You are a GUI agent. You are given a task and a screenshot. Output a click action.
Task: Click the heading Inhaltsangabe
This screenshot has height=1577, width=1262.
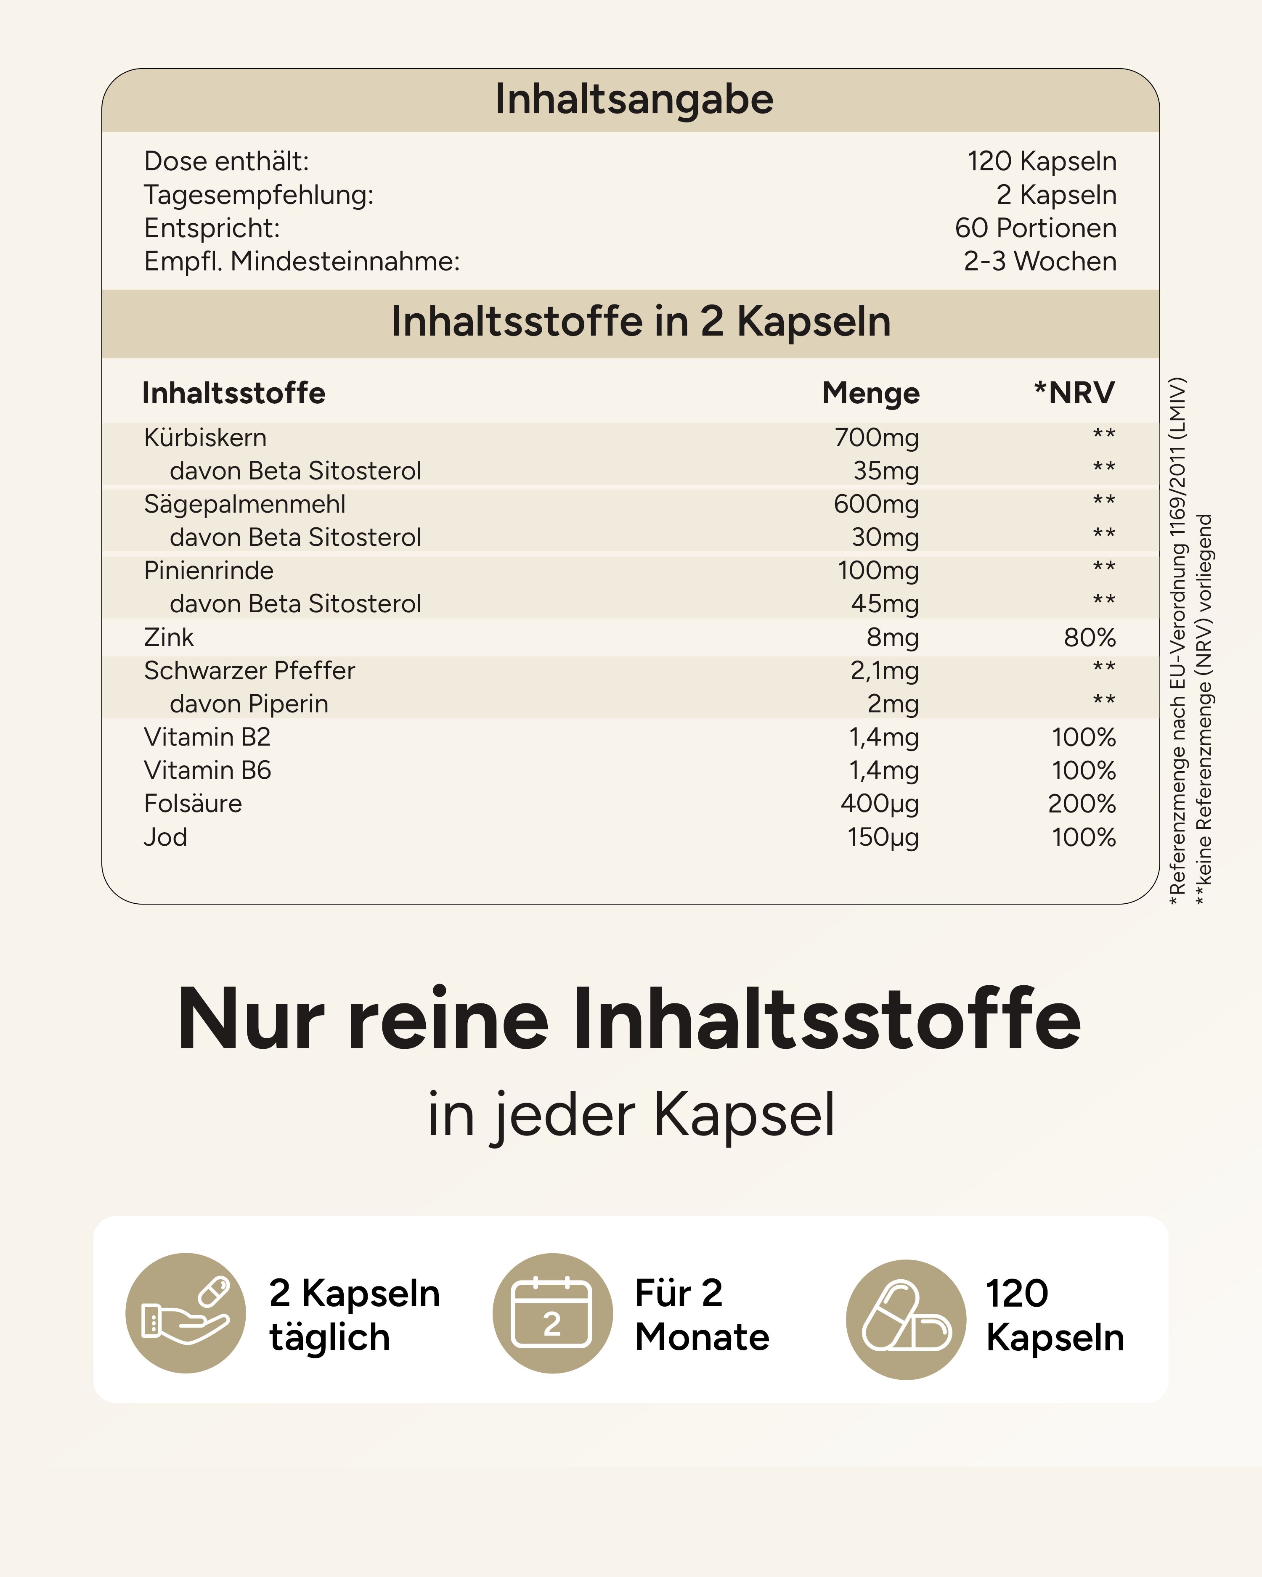(634, 100)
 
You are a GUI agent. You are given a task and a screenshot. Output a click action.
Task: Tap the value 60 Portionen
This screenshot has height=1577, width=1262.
(1035, 228)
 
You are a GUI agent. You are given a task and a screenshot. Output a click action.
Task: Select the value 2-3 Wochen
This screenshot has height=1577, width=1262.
(1039, 261)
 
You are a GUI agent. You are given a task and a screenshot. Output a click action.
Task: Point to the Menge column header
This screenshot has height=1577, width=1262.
(871, 393)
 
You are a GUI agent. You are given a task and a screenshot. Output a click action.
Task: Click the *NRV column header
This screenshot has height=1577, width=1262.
(1074, 393)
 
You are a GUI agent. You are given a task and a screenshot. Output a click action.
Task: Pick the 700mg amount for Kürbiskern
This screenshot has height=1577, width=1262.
(876, 437)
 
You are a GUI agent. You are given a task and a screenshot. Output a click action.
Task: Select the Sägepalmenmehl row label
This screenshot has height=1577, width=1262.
(244, 504)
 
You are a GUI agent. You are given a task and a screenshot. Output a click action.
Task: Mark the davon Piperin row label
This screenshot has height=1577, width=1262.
(249, 704)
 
